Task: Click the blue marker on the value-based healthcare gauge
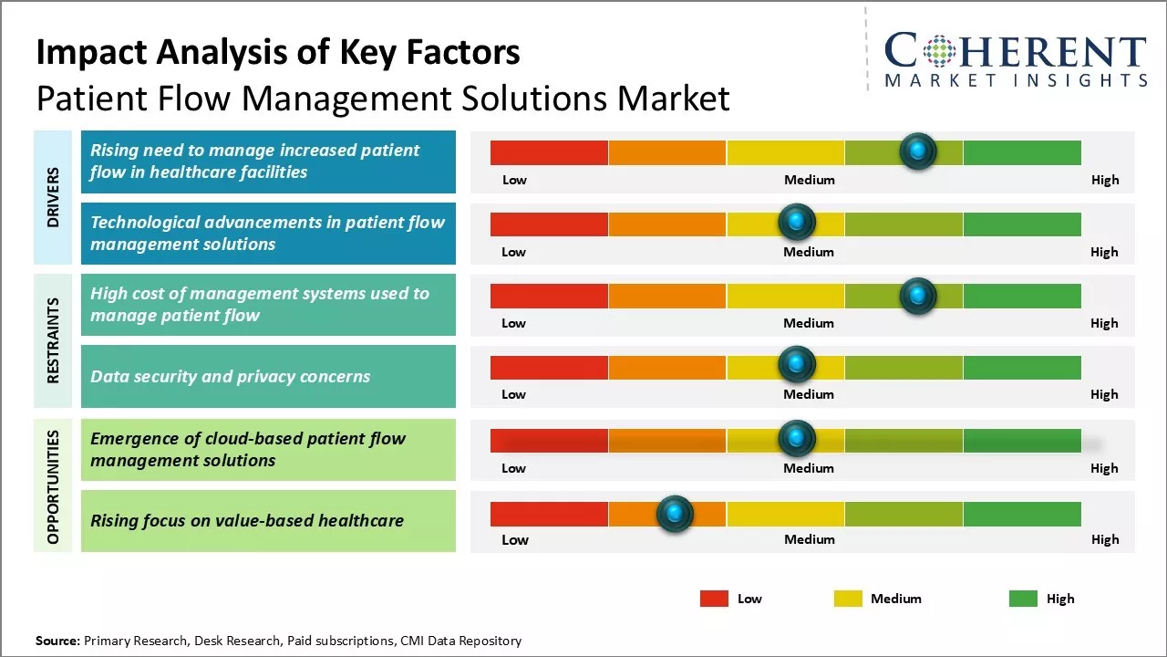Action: tap(676, 514)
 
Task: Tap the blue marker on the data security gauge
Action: tap(797, 365)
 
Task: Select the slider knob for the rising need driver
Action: tap(918, 151)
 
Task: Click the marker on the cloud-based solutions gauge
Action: tap(797, 439)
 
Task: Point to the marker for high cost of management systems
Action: tap(918, 296)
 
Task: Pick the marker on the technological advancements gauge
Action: tap(797, 222)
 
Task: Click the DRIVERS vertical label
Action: tap(53, 197)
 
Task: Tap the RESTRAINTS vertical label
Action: tap(53, 340)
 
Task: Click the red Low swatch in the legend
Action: tap(714, 599)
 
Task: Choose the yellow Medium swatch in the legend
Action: tap(848, 599)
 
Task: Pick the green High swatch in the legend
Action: tap(1023, 599)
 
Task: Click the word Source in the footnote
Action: tap(57, 641)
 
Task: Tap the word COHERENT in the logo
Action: tap(1015, 51)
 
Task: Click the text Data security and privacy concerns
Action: tap(231, 376)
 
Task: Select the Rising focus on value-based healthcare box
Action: tap(268, 521)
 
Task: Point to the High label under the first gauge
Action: tap(1104, 180)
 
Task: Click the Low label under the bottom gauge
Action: tap(514, 539)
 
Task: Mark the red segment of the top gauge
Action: tap(549, 152)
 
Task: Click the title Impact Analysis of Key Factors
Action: tap(278, 53)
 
